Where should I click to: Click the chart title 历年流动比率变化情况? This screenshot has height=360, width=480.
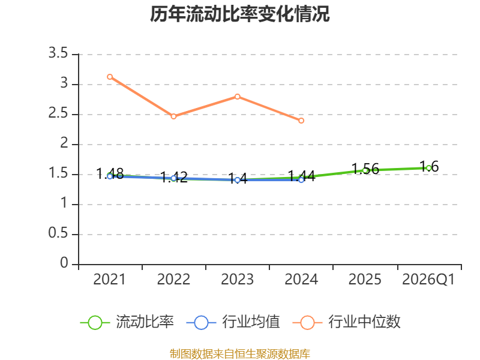[x=239, y=14]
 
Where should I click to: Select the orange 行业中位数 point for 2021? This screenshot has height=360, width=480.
[x=110, y=77]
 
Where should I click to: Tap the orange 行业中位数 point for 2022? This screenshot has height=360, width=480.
[x=173, y=116]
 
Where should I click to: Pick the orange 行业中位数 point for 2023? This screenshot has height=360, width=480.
[x=238, y=97]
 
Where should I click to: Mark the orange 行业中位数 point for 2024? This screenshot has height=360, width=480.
[x=301, y=121]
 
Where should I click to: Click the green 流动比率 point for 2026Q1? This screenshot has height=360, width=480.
[x=429, y=168]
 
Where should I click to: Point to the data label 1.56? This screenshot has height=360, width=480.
[x=365, y=169]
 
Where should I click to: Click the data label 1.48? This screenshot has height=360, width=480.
[x=110, y=174]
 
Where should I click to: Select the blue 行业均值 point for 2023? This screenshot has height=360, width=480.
[x=238, y=181]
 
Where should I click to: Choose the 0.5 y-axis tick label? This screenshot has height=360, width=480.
[x=58, y=233]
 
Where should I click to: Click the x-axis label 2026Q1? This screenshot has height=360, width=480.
[x=428, y=280]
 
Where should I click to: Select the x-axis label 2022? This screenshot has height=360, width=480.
[x=173, y=280]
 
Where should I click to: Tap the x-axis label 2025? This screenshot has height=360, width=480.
[x=365, y=280]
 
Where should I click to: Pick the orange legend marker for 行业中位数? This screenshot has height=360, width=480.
[x=307, y=323]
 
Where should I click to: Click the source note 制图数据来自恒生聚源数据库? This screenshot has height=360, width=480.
[x=239, y=354]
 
